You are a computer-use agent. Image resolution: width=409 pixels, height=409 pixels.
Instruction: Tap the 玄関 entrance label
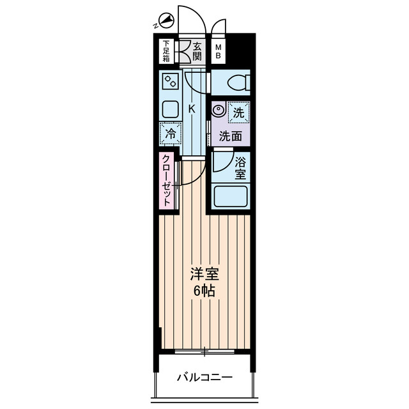[x=197, y=51]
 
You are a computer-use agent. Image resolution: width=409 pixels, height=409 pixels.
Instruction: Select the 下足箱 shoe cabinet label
[x=166, y=52]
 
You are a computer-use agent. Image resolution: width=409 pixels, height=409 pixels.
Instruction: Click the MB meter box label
[x=219, y=51]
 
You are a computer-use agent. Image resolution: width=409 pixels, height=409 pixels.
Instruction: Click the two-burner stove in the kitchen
[x=171, y=82]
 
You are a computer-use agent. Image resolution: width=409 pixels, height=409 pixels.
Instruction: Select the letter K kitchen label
[x=191, y=109]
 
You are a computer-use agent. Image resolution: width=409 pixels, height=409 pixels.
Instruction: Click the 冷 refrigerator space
[x=171, y=134]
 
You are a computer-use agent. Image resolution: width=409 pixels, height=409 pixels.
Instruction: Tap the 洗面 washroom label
[x=231, y=135]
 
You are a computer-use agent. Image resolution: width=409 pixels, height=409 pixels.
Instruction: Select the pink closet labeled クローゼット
[x=166, y=181]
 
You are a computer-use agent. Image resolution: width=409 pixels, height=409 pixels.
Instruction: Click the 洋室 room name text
[x=204, y=275]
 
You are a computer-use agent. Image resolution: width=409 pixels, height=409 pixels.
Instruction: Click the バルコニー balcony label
[x=204, y=377]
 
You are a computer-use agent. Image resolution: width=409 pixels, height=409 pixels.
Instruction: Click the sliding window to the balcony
[x=204, y=350]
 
